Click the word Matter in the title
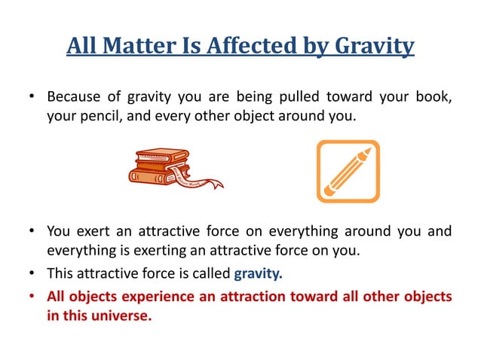(139, 47)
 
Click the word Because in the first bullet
(74, 97)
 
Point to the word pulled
(309, 97)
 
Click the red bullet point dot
(32, 296)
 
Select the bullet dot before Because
(32, 97)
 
